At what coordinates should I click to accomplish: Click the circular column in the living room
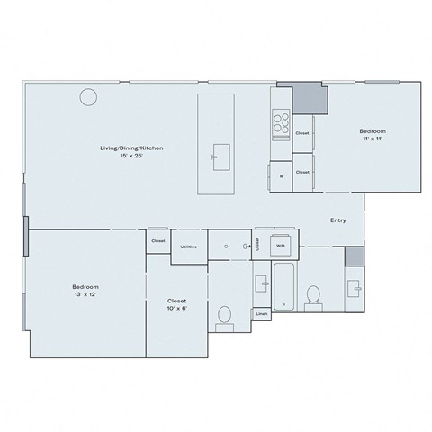coord(88,96)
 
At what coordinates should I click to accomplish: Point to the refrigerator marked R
coord(280,175)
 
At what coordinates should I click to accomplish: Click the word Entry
coord(338,220)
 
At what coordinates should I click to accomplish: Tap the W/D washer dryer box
coord(280,245)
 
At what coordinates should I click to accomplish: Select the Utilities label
coord(188,246)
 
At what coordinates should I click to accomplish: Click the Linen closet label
coord(261,314)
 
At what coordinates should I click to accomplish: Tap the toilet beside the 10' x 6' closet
coord(224,315)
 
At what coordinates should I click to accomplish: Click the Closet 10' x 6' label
coord(176,305)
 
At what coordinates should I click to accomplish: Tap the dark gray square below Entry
coord(355,256)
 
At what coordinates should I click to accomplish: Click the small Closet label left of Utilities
coord(157,241)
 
